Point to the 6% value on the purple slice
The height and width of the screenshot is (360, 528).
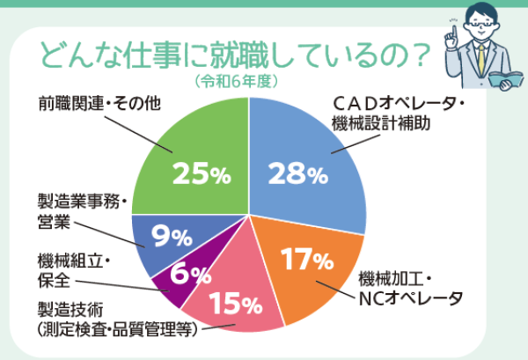[191, 274]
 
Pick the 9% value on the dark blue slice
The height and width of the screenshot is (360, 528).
[172, 235]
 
